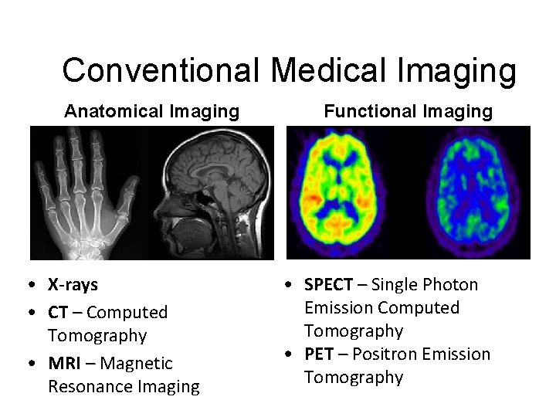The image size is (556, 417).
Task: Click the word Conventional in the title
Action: (x=161, y=71)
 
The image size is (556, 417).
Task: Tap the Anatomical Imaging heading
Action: (x=152, y=112)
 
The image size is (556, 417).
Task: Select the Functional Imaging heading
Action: (x=408, y=112)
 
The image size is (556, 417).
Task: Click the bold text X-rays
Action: (x=73, y=285)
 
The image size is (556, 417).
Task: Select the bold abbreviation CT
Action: (x=58, y=313)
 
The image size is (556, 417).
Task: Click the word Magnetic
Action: (x=137, y=363)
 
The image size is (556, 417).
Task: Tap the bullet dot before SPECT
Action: (x=287, y=285)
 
